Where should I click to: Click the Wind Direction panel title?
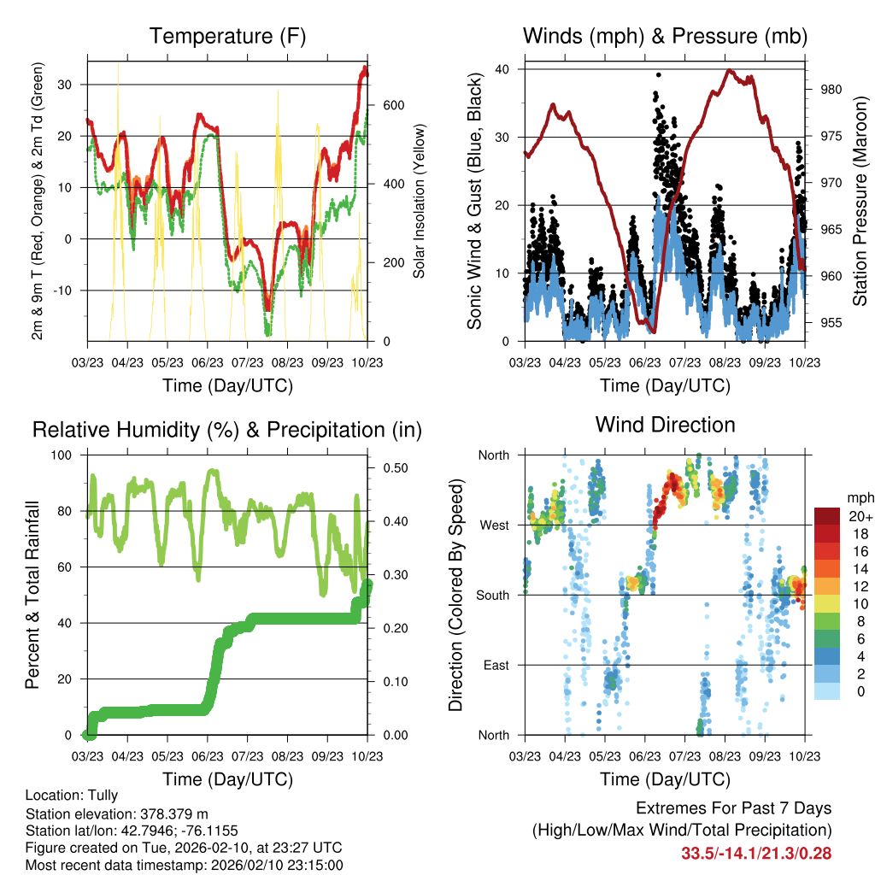click(665, 425)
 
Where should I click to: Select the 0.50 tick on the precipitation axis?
click(391, 468)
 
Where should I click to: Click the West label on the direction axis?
click(494, 525)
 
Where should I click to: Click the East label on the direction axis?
click(496, 665)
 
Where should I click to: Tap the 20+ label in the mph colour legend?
click(860, 516)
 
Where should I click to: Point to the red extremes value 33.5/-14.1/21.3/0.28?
click(756, 853)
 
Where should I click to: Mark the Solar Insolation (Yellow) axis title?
click(420, 201)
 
